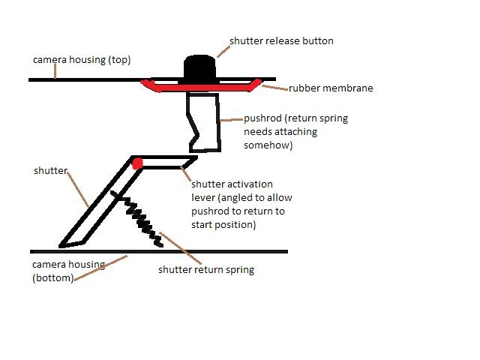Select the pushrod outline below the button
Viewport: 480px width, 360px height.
(x=206, y=120)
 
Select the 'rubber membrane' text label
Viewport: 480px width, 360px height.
(x=331, y=88)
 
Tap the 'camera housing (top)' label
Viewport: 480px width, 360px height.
(x=81, y=59)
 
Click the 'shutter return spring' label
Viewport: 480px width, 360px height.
(x=205, y=269)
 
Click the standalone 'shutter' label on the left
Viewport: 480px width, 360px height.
(x=49, y=170)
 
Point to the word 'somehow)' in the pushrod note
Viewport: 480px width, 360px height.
(x=268, y=145)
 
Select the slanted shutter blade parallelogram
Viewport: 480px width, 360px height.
(x=97, y=206)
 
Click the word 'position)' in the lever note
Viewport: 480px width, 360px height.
(x=256, y=224)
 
